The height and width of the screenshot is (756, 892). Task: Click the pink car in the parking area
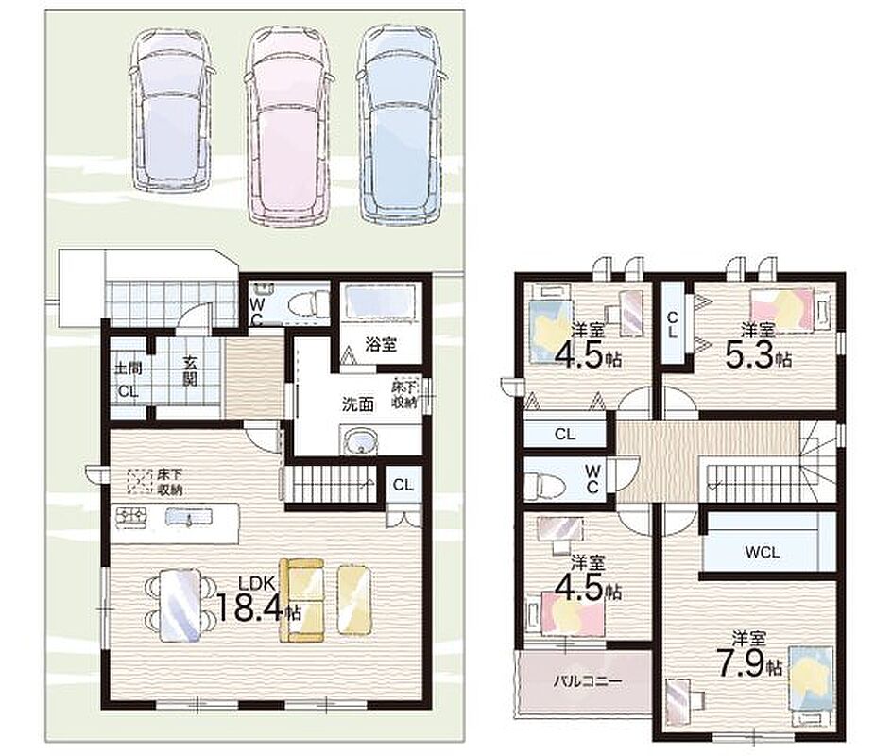click(x=289, y=125)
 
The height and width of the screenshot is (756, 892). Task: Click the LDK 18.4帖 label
click(x=260, y=599)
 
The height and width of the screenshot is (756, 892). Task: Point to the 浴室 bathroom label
click(x=381, y=344)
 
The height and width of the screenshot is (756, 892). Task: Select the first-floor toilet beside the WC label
click(x=308, y=303)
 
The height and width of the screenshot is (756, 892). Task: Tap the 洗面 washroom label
click(x=358, y=404)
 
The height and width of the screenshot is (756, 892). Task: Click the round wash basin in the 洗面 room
click(x=361, y=442)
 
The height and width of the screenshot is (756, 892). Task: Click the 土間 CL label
click(x=128, y=379)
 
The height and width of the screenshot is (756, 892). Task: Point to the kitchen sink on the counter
click(x=188, y=517)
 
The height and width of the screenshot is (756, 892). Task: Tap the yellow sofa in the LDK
click(x=301, y=599)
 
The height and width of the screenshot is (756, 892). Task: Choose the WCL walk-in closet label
click(x=763, y=552)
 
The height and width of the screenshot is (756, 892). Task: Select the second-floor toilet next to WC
click(x=544, y=484)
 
